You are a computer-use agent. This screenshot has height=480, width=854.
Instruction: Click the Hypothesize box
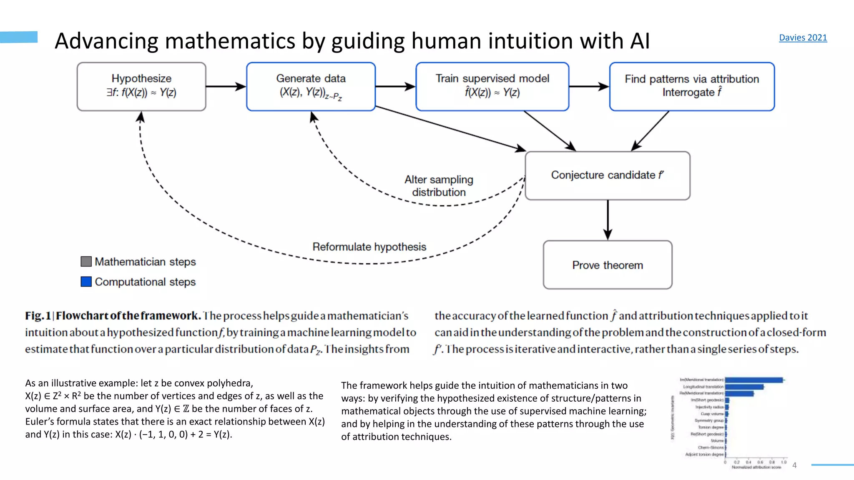[x=141, y=87]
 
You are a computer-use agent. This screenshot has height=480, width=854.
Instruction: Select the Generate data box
[x=311, y=87]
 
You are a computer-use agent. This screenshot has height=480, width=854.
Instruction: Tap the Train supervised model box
[x=492, y=87]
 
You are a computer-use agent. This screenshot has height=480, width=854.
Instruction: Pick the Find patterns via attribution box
[x=691, y=87]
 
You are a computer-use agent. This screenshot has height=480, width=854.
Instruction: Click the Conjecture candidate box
[x=607, y=175]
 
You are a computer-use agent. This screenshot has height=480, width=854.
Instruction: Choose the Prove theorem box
[x=607, y=265]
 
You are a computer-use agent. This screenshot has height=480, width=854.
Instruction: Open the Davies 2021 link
[x=803, y=37]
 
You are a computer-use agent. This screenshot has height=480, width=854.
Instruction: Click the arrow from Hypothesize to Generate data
[x=226, y=87]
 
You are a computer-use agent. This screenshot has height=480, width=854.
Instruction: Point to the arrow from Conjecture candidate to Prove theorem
[x=608, y=220]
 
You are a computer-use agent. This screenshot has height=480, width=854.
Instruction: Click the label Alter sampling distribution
[x=439, y=186]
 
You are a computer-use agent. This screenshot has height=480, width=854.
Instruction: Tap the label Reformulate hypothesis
[x=369, y=247]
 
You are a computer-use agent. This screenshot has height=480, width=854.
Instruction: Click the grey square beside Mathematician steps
[x=86, y=262]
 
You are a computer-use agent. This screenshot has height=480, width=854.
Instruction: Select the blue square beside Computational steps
[x=86, y=282]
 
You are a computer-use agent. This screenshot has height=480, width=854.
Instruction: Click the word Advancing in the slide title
[x=106, y=41]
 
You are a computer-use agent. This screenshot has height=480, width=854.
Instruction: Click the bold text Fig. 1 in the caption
[x=38, y=316]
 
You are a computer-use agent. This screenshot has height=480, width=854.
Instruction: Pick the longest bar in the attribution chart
[x=754, y=380]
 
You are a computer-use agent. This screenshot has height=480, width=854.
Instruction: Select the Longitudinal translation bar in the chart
[x=744, y=387]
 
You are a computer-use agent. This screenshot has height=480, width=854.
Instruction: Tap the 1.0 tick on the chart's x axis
[x=784, y=462]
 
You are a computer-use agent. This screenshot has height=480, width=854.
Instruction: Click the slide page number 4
[x=794, y=465]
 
